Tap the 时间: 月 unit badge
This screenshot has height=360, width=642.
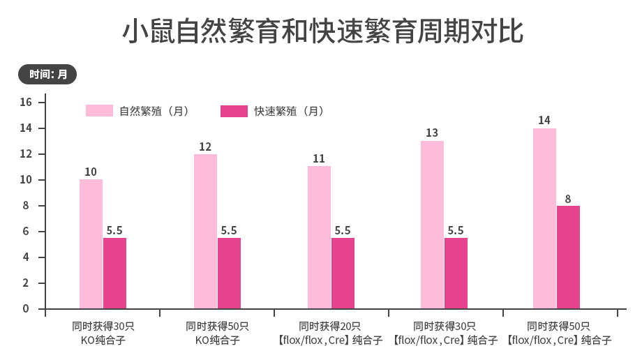pos(47,74)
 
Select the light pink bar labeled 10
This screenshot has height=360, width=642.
pos(91,244)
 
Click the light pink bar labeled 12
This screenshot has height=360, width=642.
pos(205,232)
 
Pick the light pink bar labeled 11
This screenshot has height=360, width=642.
pos(319,237)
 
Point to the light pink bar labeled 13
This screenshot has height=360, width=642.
pos(432,225)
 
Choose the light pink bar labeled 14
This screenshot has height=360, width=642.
pos(544,218)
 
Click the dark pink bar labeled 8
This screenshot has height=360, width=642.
pos(568,257)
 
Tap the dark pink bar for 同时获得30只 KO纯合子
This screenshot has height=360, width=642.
pos(115,273)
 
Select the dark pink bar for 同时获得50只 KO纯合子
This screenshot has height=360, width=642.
pos(229,273)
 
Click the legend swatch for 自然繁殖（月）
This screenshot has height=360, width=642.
pos(99,111)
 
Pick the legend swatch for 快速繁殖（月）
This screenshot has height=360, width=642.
pos(234,111)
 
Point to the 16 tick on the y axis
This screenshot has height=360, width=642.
pos(26,103)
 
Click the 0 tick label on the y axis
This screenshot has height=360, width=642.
pos(26,308)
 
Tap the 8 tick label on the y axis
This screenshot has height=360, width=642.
pos(26,206)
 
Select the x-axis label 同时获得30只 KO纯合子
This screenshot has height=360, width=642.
pos(103,333)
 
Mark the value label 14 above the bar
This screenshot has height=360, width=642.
pos(544,120)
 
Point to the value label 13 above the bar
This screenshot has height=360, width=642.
pos(432,133)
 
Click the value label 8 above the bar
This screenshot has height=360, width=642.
pos(568,197)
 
